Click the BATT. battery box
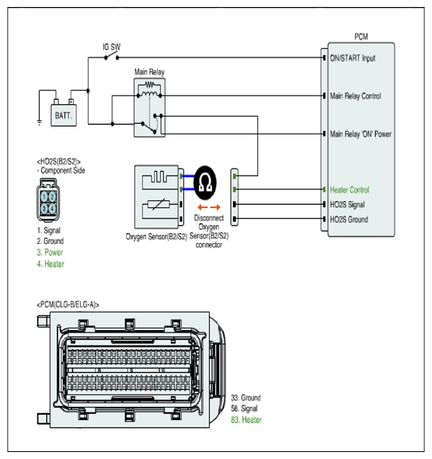[x=64, y=116]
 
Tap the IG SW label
[x=112, y=47]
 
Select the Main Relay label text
[x=149, y=72]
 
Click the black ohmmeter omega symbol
[x=205, y=183]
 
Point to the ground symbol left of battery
[x=40, y=122]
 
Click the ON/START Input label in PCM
[x=353, y=58]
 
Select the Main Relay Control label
[x=356, y=96]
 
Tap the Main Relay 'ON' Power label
[x=361, y=134]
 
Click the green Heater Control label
[x=350, y=190]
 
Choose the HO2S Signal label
[x=347, y=204]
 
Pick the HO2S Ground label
[x=349, y=220]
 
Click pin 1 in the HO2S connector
[x=44, y=196]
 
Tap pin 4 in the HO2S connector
[x=52, y=209]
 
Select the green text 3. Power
[x=50, y=252]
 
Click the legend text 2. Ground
[x=51, y=241]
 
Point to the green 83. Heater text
[x=246, y=419]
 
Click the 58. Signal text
[x=244, y=409]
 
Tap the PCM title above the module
[x=361, y=37]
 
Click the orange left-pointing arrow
[x=202, y=207]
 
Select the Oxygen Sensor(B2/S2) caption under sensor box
[x=156, y=237]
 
